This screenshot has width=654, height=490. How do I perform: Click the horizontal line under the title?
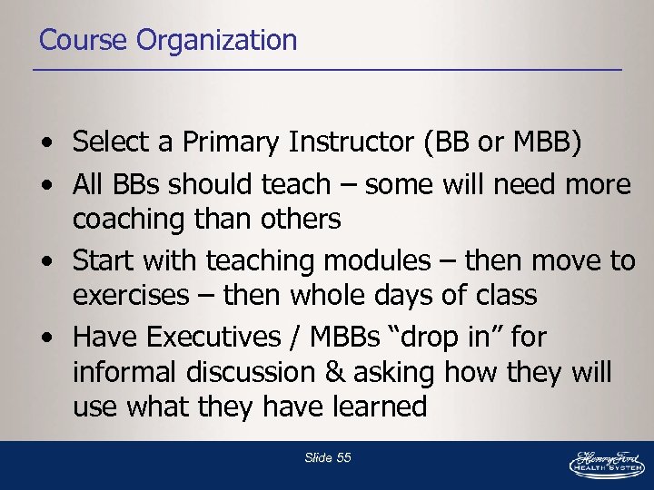tap(327, 70)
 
